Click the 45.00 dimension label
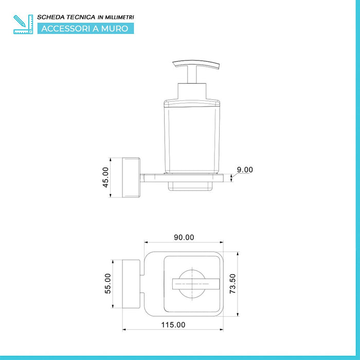point(105,177)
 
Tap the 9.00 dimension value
point(245,170)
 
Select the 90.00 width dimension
point(184,237)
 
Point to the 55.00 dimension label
point(107,283)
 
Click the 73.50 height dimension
point(232,283)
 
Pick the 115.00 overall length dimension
point(173,325)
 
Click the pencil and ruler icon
point(23,24)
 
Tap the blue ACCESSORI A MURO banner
point(86,28)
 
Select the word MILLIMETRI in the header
point(119,17)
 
